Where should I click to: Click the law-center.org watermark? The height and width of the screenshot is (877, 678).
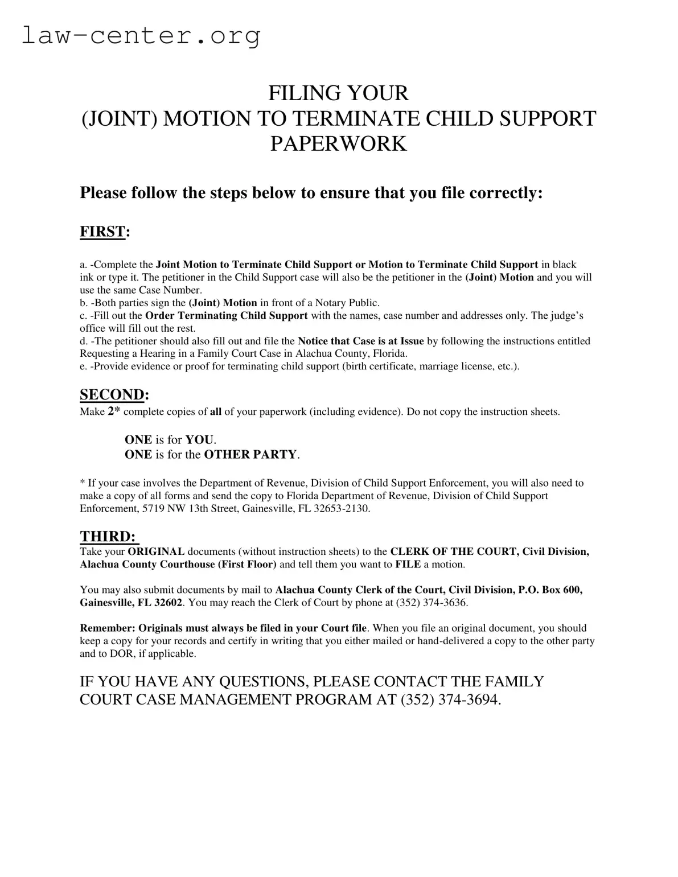pos(141,36)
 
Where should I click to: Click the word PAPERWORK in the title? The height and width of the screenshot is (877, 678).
pos(338,143)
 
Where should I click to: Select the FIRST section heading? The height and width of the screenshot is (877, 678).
pos(102,232)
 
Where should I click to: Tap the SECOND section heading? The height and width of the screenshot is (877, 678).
pos(112,394)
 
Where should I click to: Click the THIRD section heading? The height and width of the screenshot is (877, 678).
pos(108,536)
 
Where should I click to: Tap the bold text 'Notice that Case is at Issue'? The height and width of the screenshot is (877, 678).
pos(361,341)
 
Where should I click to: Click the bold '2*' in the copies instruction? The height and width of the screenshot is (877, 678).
pos(114,411)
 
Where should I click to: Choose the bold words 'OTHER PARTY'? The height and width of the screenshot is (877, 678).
pos(250,454)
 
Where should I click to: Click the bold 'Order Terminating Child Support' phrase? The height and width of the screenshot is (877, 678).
pos(227,315)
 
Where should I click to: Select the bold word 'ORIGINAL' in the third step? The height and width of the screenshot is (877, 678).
pos(156,551)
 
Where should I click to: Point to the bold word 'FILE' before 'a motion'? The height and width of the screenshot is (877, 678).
pos(408,565)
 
